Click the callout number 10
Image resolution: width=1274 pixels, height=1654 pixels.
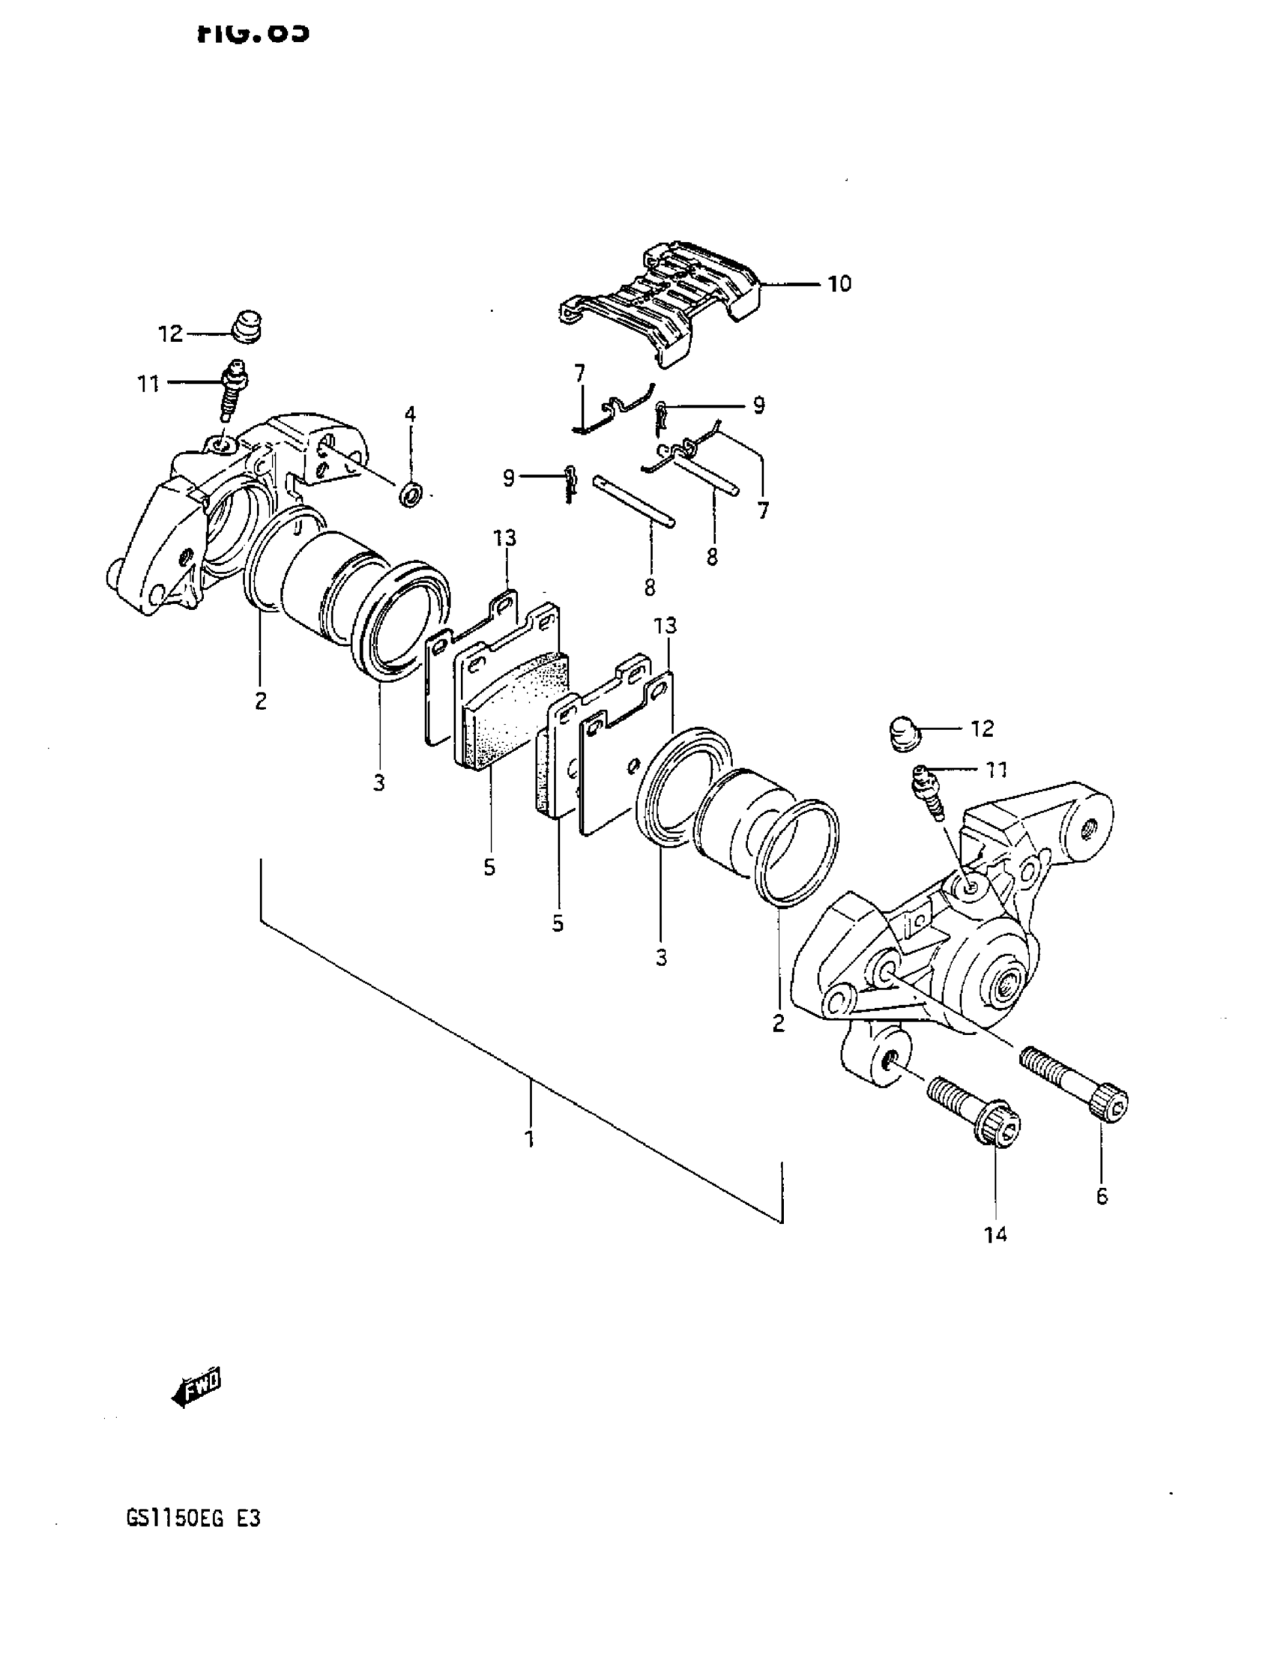[839, 284]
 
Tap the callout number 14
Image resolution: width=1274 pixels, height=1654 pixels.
[995, 1235]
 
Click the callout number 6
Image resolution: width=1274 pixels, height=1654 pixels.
[1102, 1196]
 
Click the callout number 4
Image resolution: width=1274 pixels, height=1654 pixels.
[410, 414]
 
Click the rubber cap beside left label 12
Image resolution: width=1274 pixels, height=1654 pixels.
[245, 326]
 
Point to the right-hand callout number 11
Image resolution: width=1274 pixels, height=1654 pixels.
[996, 770]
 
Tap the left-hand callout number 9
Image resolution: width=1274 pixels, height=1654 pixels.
[508, 478]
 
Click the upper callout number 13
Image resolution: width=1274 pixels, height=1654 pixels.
[504, 537]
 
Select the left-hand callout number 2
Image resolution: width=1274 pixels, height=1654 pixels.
[261, 701]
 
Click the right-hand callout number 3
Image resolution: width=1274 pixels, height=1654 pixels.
[661, 958]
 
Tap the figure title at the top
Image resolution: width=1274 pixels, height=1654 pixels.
[253, 32]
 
